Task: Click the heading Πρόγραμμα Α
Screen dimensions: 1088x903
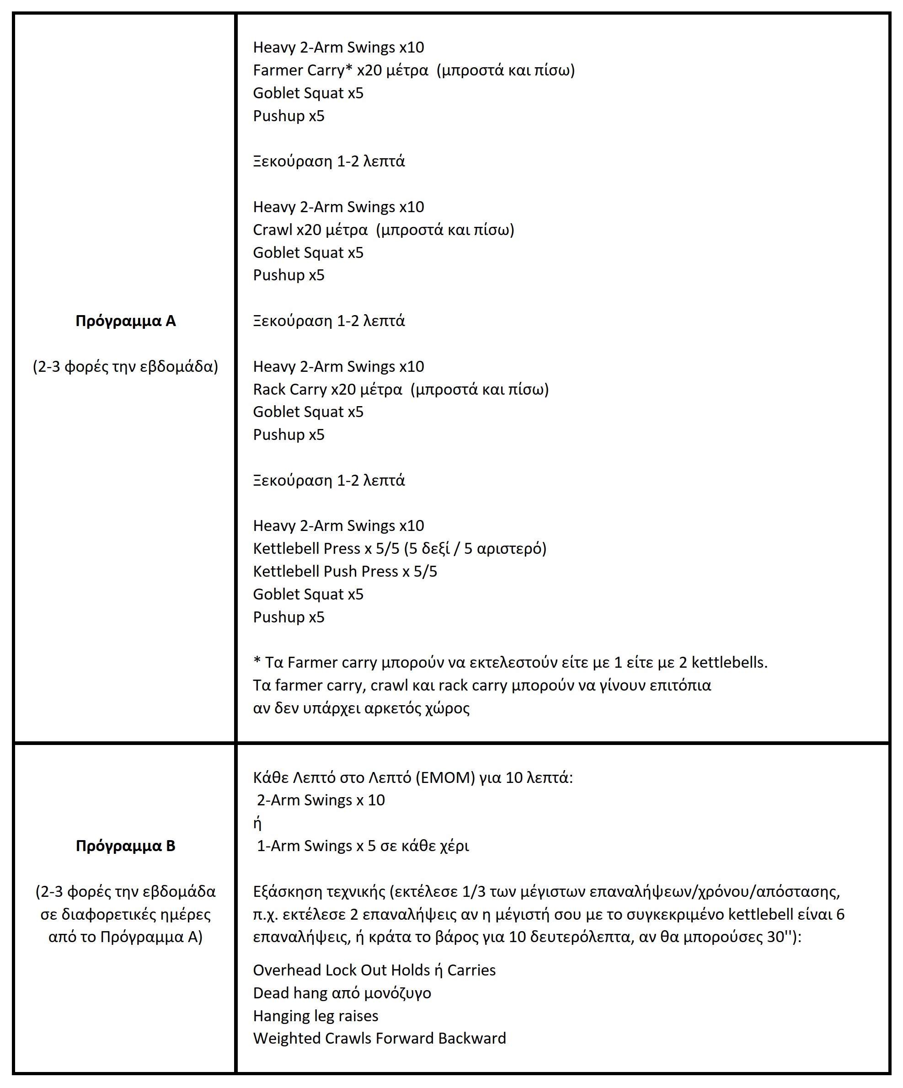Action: pos(125,321)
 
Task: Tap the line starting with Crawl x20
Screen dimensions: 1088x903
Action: pos(383,230)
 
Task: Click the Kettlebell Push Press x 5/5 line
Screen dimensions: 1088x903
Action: pos(345,571)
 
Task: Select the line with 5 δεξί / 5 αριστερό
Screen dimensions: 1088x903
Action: pos(400,548)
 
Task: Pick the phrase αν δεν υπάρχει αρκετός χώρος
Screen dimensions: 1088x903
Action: pos(361,707)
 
